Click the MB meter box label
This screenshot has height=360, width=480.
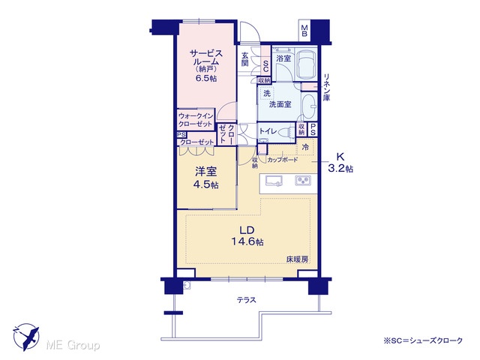[304, 31]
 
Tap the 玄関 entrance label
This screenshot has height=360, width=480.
[245, 59]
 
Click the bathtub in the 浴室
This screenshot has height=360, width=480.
[307, 64]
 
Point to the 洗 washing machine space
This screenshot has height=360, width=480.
[267, 93]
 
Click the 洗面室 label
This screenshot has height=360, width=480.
[280, 104]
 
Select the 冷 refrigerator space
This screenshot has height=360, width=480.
[305, 147]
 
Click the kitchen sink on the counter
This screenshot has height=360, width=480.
[274, 181]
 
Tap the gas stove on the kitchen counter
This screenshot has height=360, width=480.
[303, 181]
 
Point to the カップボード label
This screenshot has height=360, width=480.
[282, 160]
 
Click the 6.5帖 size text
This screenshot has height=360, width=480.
[206, 78]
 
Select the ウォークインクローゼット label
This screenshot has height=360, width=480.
[195, 120]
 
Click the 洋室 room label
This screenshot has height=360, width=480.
[206, 172]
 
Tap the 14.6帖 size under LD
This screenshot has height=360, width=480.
[247, 241]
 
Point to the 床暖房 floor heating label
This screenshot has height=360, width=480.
[297, 259]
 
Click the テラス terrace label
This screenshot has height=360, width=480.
[247, 300]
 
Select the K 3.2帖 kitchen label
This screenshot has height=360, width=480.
[340, 163]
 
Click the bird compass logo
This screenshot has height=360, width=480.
[27, 337]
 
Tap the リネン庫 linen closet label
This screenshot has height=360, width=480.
[327, 87]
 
